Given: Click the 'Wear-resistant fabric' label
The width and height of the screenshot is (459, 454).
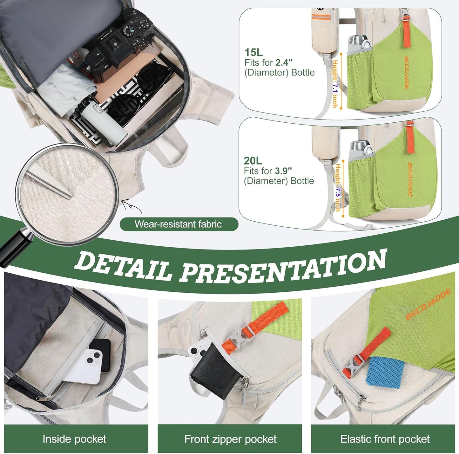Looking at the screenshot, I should click(x=178, y=224).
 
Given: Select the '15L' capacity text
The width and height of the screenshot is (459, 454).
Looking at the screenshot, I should click(x=253, y=52).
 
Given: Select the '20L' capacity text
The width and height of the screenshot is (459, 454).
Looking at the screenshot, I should click(x=253, y=161).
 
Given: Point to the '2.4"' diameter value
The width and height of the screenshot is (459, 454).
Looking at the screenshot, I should click(x=284, y=62).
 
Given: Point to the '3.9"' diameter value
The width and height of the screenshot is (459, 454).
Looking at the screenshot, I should click(x=283, y=171).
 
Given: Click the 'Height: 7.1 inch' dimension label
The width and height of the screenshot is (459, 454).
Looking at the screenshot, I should click(x=335, y=83).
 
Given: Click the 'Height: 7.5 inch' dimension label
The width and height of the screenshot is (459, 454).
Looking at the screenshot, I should click(x=338, y=187).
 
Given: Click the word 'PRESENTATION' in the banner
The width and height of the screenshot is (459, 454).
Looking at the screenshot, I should click(x=283, y=266).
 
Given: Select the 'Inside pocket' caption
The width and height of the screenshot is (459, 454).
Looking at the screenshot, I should click(x=74, y=439).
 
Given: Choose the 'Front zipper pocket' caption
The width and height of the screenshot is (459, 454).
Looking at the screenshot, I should click(x=230, y=439).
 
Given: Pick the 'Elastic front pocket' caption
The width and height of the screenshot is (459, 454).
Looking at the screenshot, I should click(x=385, y=439).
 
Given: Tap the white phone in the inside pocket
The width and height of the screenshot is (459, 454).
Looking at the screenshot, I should click(x=87, y=365).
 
